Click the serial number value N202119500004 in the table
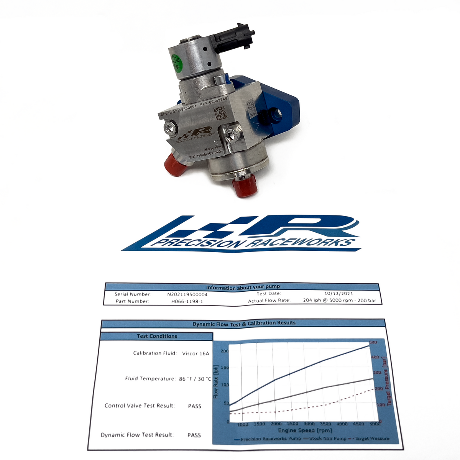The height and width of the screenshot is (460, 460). (x=187, y=295)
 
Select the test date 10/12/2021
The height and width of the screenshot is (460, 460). (x=338, y=294)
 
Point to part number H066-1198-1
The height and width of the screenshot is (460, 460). (x=187, y=301)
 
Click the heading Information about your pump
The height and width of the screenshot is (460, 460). (x=243, y=287)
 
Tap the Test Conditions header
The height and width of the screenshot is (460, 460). (x=157, y=336)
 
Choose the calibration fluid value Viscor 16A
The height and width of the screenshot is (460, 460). (x=195, y=353)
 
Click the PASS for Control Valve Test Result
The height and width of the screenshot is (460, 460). (x=195, y=406)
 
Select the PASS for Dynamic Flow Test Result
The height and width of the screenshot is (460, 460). (x=194, y=435)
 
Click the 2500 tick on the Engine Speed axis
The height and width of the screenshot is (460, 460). (x=292, y=424)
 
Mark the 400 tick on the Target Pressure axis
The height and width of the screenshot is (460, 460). (x=375, y=357)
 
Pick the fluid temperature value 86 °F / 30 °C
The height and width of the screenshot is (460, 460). (x=195, y=379)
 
